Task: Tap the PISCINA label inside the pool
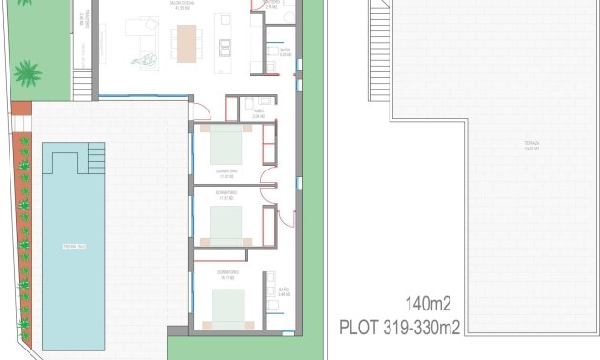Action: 75,246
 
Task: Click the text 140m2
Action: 428,305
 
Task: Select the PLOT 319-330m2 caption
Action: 400,329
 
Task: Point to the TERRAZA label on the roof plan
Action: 531,146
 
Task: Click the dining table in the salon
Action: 187,42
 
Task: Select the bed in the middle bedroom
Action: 226,226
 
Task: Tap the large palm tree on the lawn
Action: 28,72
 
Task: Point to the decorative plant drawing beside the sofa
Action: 150,62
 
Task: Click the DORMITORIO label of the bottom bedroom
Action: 226,274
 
